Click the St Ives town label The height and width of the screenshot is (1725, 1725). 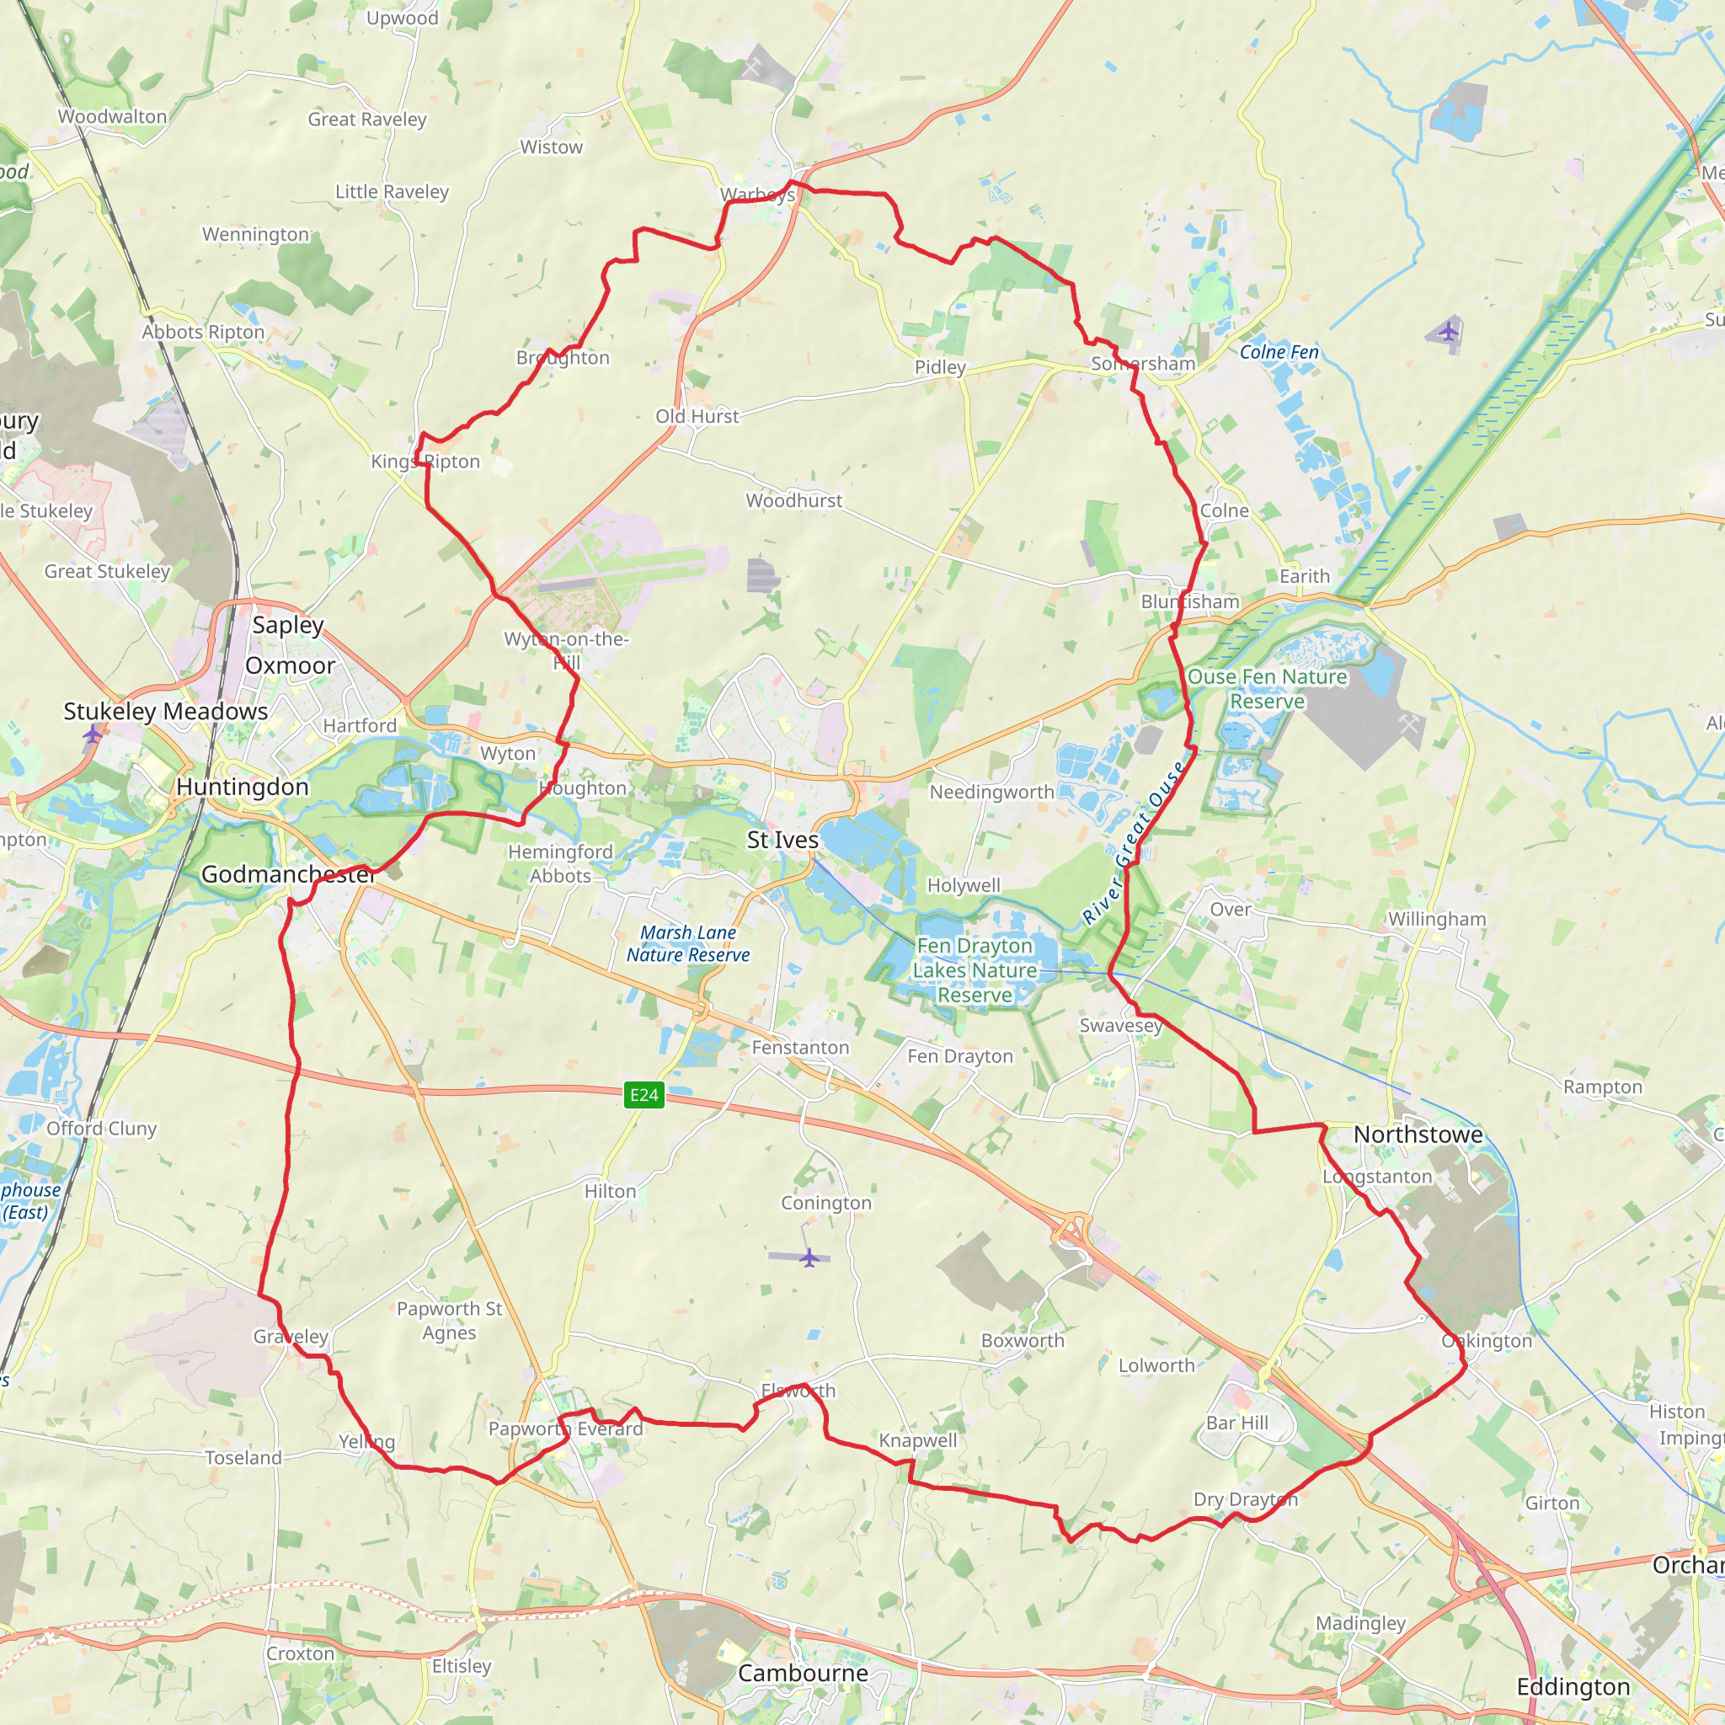(782, 839)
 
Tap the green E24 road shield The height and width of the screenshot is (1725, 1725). (644, 1095)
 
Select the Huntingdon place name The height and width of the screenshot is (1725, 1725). (242, 787)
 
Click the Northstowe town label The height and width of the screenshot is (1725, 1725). (1418, 1134)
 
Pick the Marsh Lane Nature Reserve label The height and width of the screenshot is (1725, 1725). (687, 943)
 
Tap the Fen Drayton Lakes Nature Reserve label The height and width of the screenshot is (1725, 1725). (975, 969)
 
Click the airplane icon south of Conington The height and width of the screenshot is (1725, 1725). (809, 1258)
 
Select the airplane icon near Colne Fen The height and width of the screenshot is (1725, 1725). (1447, 332)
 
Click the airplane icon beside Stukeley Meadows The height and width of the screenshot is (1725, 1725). (93, 734)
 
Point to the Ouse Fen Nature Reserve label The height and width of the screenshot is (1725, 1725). (1266, 688)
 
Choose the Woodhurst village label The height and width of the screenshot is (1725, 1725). (793, 500)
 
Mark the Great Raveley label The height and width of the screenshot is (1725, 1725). (367, 119)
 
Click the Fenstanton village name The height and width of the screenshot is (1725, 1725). (800, 1047)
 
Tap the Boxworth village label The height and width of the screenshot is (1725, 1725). (1023, 1340)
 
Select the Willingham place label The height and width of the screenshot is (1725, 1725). (1437, 919)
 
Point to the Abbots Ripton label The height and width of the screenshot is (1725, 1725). (203, 331)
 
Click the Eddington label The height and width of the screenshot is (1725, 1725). (1573, 1686)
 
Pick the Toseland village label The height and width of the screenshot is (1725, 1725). (243, 1457)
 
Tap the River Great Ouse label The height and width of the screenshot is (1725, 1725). (1133, 842)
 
